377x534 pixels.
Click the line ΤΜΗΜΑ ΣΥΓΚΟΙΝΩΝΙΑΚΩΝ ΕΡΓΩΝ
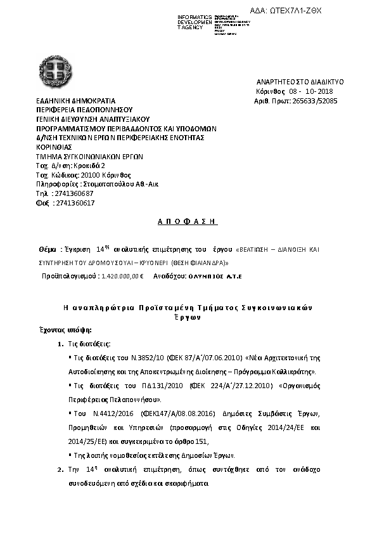point(89,156)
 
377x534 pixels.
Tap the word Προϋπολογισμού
point(64,277)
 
